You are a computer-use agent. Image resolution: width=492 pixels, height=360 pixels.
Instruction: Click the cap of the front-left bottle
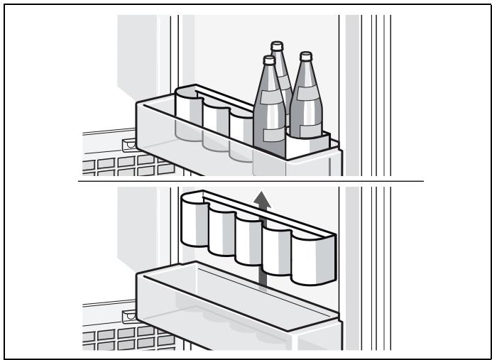[268, 60]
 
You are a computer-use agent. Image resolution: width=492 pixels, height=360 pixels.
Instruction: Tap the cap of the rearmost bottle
[277, 46]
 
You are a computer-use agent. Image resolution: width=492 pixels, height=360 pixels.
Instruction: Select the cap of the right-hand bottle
[306, 55]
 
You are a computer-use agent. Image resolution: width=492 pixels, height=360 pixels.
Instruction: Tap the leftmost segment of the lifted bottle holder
[193, 223]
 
